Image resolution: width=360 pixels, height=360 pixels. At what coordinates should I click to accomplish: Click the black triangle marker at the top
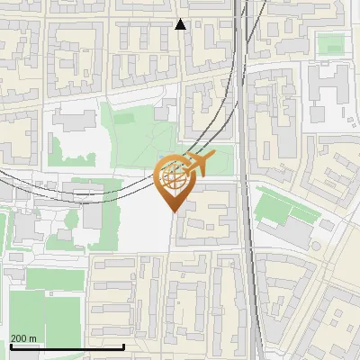tap(181, 24)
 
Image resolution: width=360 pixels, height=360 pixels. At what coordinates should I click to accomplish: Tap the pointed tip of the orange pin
tap(175, 211)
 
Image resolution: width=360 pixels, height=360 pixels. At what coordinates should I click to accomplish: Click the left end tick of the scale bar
tap(11, 346)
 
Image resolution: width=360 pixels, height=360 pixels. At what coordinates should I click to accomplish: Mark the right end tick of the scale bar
tap(123, 346)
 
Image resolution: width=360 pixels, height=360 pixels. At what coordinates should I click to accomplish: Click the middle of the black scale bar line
tap(67, 346)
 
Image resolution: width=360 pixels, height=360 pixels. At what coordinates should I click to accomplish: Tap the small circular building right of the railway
tap(317, 246)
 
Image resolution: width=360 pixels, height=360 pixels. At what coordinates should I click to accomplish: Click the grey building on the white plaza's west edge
tap(94, 217)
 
